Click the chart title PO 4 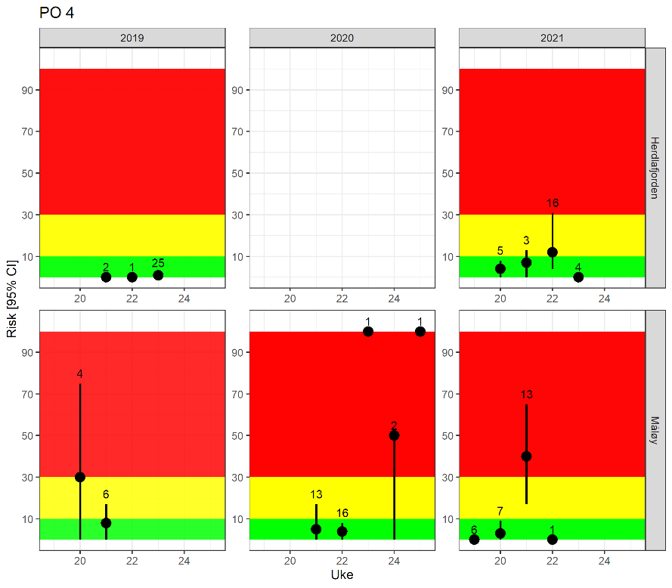(57, 13)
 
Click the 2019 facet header (132, 37)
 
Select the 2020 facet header (342, 37)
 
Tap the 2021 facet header (552, 37)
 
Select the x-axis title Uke (342, 575)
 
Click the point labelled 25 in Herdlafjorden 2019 (158, 275)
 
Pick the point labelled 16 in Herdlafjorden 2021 (553, 252)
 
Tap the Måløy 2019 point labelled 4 (80, 477)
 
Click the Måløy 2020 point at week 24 (394, 435)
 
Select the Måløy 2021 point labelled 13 (526, 456)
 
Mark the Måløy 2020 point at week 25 (420, 331)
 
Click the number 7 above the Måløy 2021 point (500, 512)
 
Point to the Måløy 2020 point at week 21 (316, 529)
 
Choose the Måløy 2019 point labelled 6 (106, 523)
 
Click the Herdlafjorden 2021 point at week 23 (578, 277)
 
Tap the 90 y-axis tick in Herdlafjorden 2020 (237, 90)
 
